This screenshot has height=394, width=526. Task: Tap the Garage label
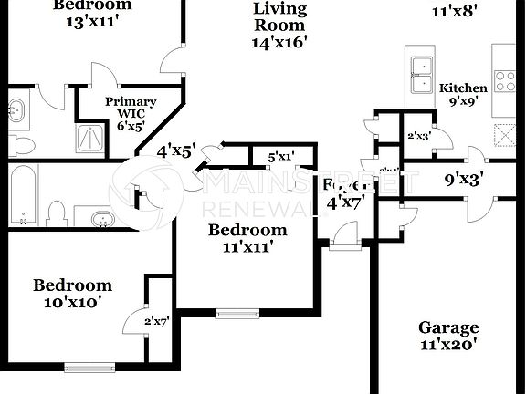coord(447,327)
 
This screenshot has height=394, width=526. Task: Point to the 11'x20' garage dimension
coord(447,345)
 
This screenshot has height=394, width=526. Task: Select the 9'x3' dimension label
coord(464,180)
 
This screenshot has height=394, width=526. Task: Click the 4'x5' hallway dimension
coord(176,150)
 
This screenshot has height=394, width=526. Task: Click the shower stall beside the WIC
coord(89,140)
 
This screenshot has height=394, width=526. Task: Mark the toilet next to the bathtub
coord(57,213)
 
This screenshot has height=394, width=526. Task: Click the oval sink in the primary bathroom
coord(16,110)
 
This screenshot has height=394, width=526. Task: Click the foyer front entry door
coord(346,240)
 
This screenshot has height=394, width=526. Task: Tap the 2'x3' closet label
coord(418,136)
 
